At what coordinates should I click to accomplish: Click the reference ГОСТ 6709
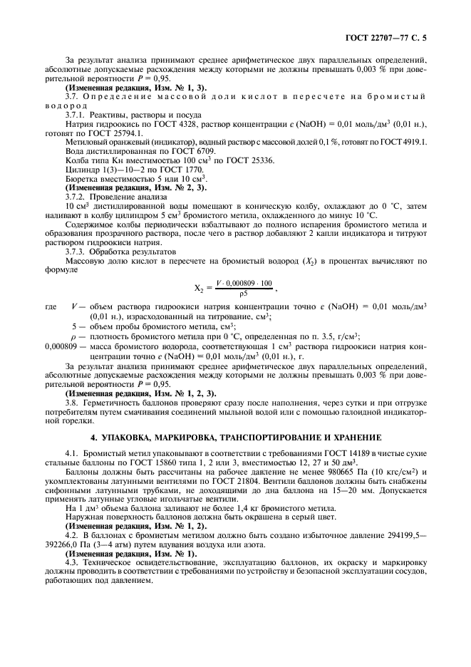click(182, 150)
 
